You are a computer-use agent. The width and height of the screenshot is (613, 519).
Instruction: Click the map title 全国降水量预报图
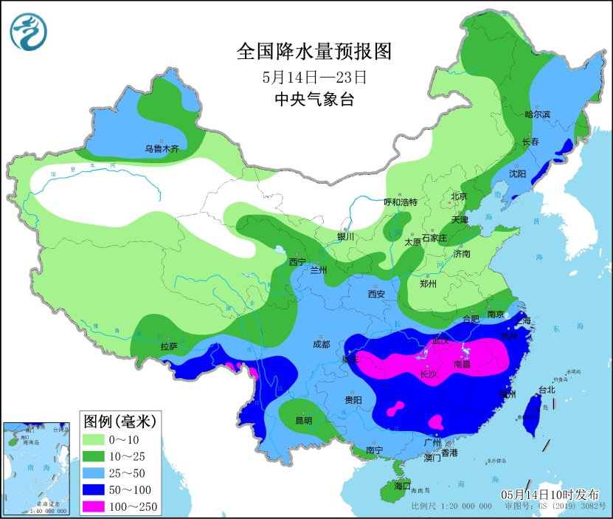click(x=314, y=52)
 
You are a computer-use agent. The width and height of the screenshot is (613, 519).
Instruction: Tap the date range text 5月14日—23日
click(x=314, y=76)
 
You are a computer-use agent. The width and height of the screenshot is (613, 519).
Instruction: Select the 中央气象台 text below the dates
click(x=314, y=100)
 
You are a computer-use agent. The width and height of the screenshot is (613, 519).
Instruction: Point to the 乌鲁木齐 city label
click(x=162, y=149)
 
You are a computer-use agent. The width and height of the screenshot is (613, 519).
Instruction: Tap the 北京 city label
click(x=459, y=196)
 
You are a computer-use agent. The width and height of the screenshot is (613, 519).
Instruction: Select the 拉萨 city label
click(x=168, y=346)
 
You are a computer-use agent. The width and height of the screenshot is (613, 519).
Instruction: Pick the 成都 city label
click(x=321, y=344)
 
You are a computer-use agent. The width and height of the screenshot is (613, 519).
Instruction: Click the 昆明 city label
click(x=303, y=421)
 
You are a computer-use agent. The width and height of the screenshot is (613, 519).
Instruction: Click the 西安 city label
click(x=376, y=294)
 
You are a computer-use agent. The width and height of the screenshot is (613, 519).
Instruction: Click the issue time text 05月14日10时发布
click(x=550, y=494)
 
